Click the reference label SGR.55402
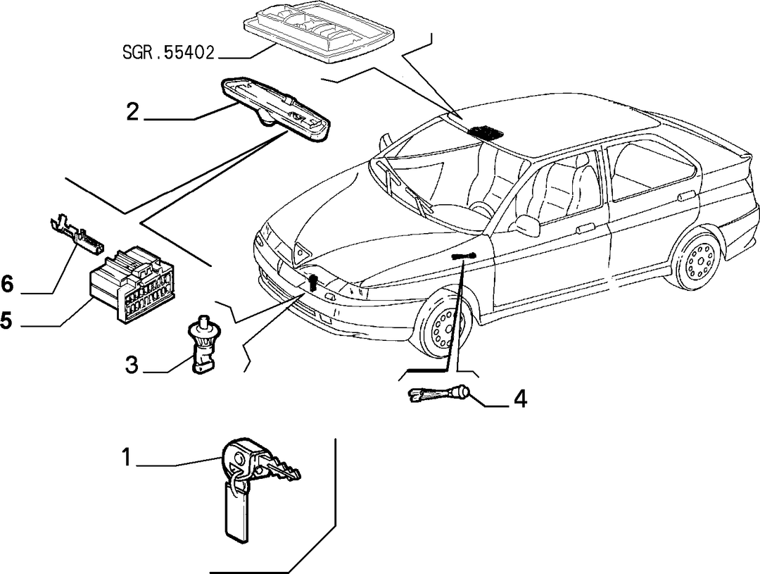pos(167,53)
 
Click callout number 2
pos(132,112)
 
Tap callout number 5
pos(6,320)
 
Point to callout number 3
pos(132,365)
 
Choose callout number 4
pos(519,399)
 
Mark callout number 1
pos(127,457)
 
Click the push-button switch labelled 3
pos(203,344)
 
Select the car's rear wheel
pos(697,260)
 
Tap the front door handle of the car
pos(586,228)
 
